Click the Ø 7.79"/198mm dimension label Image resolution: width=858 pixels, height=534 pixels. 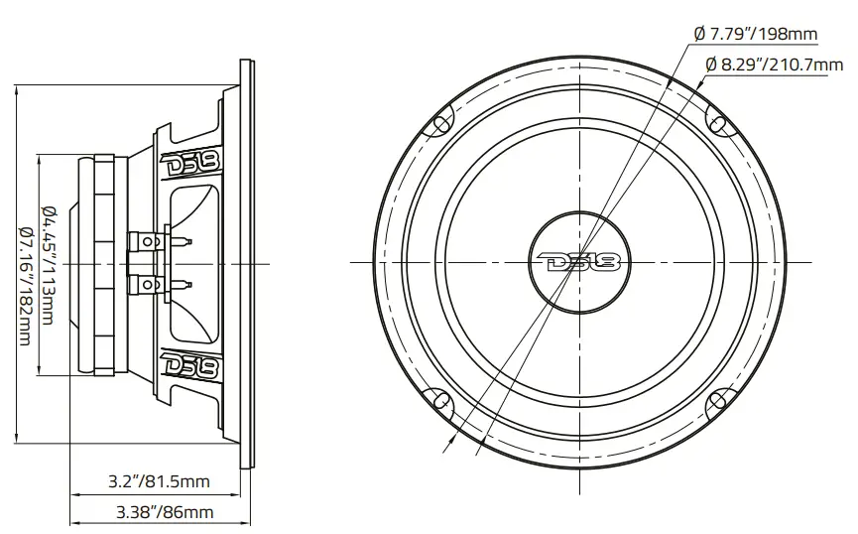756,35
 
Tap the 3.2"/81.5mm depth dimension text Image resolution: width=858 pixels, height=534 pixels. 159,482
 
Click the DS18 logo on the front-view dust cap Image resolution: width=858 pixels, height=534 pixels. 580,263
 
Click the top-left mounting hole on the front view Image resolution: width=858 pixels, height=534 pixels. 437,124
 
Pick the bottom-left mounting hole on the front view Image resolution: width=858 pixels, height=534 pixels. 437,401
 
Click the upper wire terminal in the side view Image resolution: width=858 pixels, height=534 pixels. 159,241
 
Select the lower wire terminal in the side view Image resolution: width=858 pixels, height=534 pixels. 159,286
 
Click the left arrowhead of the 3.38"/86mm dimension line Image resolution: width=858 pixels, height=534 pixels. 71,522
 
